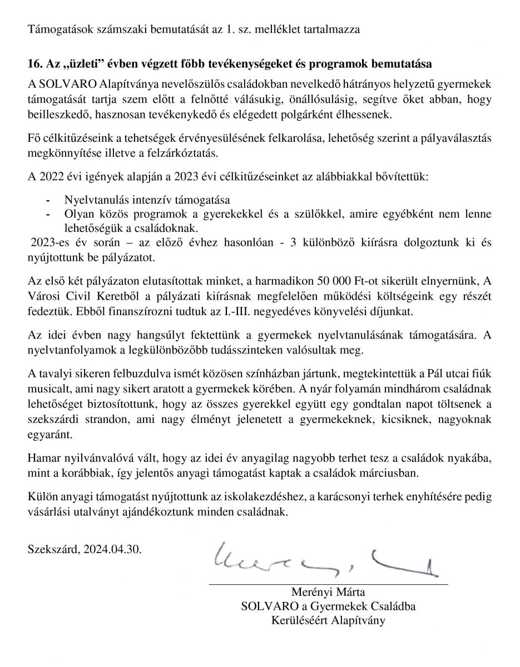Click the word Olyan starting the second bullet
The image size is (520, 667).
(77, 214)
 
